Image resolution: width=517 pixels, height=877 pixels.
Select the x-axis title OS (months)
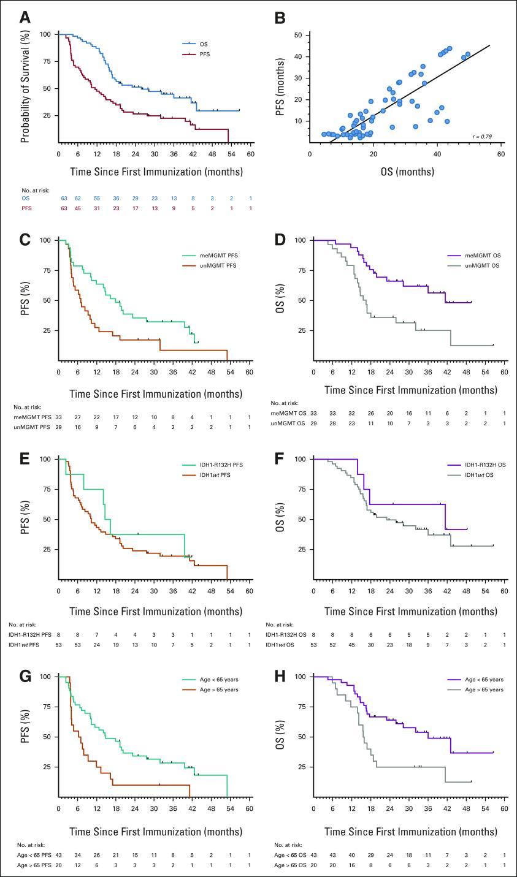click(x=405, y=172)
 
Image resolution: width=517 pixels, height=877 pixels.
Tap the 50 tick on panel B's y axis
click(x=299, y=36)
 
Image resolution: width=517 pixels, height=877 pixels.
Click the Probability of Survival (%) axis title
click(x=25, y=87)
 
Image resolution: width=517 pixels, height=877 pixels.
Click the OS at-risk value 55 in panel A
click(x=97, y=199)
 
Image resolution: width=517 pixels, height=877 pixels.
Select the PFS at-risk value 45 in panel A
click(x=78, y=209)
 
